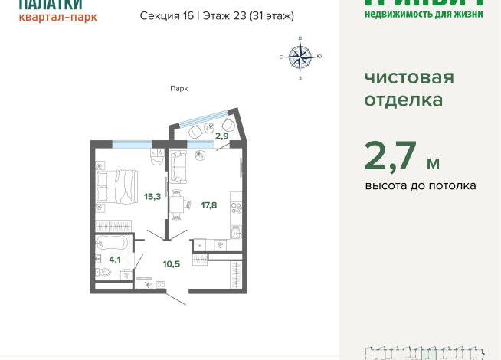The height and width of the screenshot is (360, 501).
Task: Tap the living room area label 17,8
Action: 209,205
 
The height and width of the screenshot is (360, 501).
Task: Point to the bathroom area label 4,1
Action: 115,259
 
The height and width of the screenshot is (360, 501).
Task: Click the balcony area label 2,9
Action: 221,136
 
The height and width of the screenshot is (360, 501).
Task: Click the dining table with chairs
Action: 178,202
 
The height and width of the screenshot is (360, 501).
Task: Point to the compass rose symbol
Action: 300,57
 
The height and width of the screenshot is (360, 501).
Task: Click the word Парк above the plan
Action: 179,88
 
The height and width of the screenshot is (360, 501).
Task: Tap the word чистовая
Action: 408,77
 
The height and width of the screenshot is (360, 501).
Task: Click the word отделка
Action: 404,100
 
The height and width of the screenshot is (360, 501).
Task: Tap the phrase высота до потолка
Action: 421,185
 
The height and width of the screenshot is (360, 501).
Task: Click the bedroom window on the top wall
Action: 131,142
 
